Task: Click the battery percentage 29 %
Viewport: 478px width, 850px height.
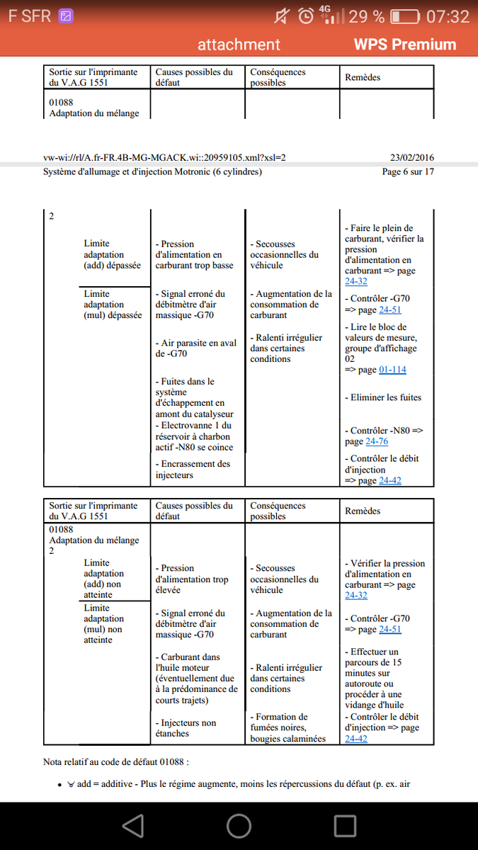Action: [368, 16]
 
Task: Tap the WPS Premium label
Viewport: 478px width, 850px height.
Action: [405, 45]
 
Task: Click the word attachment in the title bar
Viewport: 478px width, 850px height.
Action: [239, 45]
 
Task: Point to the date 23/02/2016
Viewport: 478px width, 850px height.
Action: [412, 157]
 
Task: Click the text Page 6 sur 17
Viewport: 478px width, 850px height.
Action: [408, 171]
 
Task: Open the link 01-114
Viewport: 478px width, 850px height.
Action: [392, 370]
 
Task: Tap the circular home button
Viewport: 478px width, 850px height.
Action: [239, 825]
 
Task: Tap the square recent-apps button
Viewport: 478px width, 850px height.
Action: [345, 825]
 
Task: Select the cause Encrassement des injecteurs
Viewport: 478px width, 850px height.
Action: [193, 470]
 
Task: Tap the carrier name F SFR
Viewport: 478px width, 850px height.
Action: [29, 16]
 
